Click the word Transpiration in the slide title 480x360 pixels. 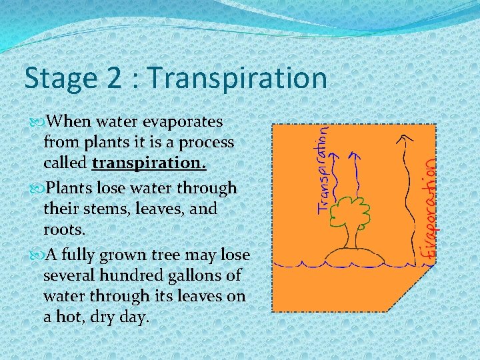pos(239,78)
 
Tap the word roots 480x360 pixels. pos(64,229)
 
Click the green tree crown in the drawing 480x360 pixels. pos(347,211)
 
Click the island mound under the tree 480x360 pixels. pos(351,255)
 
